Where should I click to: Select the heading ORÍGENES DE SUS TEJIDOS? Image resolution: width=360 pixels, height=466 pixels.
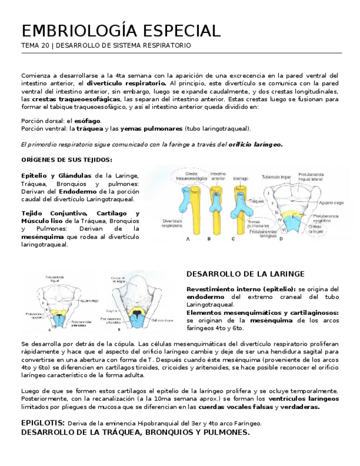67,160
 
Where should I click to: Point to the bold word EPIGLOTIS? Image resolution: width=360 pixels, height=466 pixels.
42,423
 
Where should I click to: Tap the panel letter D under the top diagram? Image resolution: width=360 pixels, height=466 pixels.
281,239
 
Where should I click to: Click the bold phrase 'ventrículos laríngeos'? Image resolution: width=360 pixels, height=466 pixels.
303,398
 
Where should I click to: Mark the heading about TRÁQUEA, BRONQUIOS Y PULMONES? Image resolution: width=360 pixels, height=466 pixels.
135,432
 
